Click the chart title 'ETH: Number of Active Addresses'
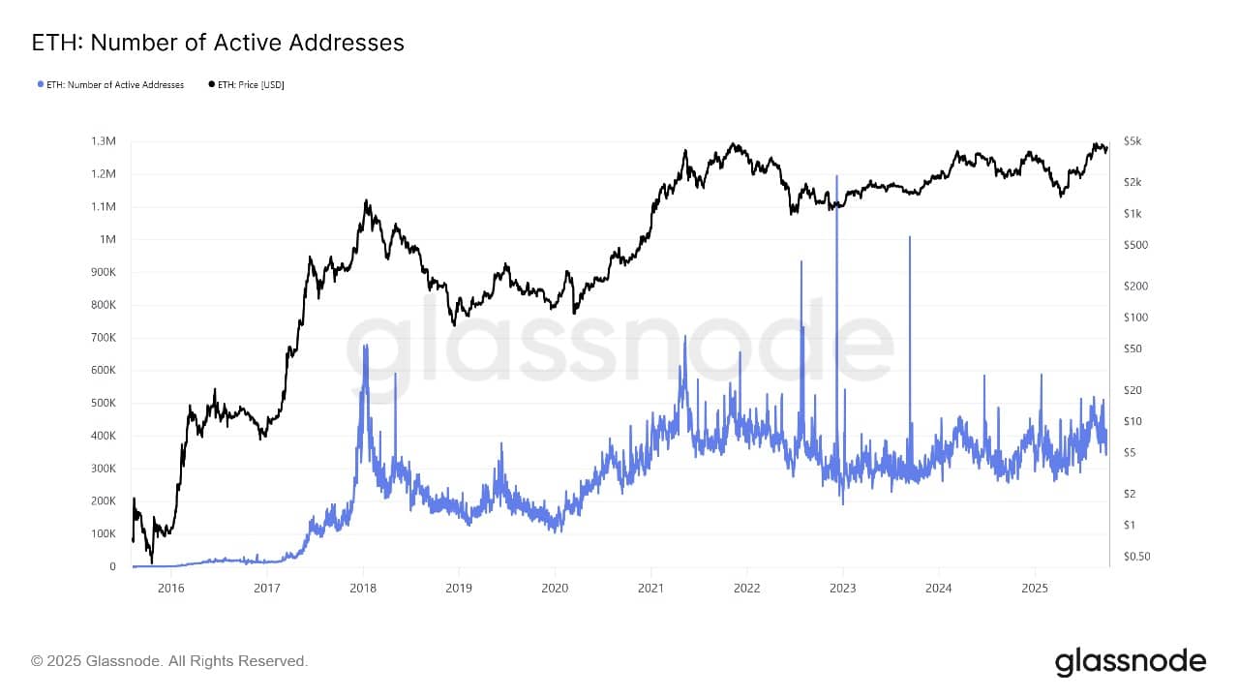coord(218,43)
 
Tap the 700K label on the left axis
coord(103,338)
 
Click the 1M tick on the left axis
coord(107,240)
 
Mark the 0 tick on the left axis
coord(113,567)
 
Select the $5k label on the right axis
coord(1133,141)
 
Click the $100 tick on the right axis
coord(1134,318)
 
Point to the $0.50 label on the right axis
coord(1136,557)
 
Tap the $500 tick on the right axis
coord(1134,245)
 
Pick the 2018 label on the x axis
coord(363,588)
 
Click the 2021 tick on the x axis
coord(651,588)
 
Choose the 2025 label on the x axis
coord(1035,588)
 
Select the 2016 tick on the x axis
coord(170,588)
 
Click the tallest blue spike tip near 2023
coord(836,176)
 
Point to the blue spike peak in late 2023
coord(910,236)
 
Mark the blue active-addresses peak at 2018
coord(365,346)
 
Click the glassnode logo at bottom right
coord(1130,662)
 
